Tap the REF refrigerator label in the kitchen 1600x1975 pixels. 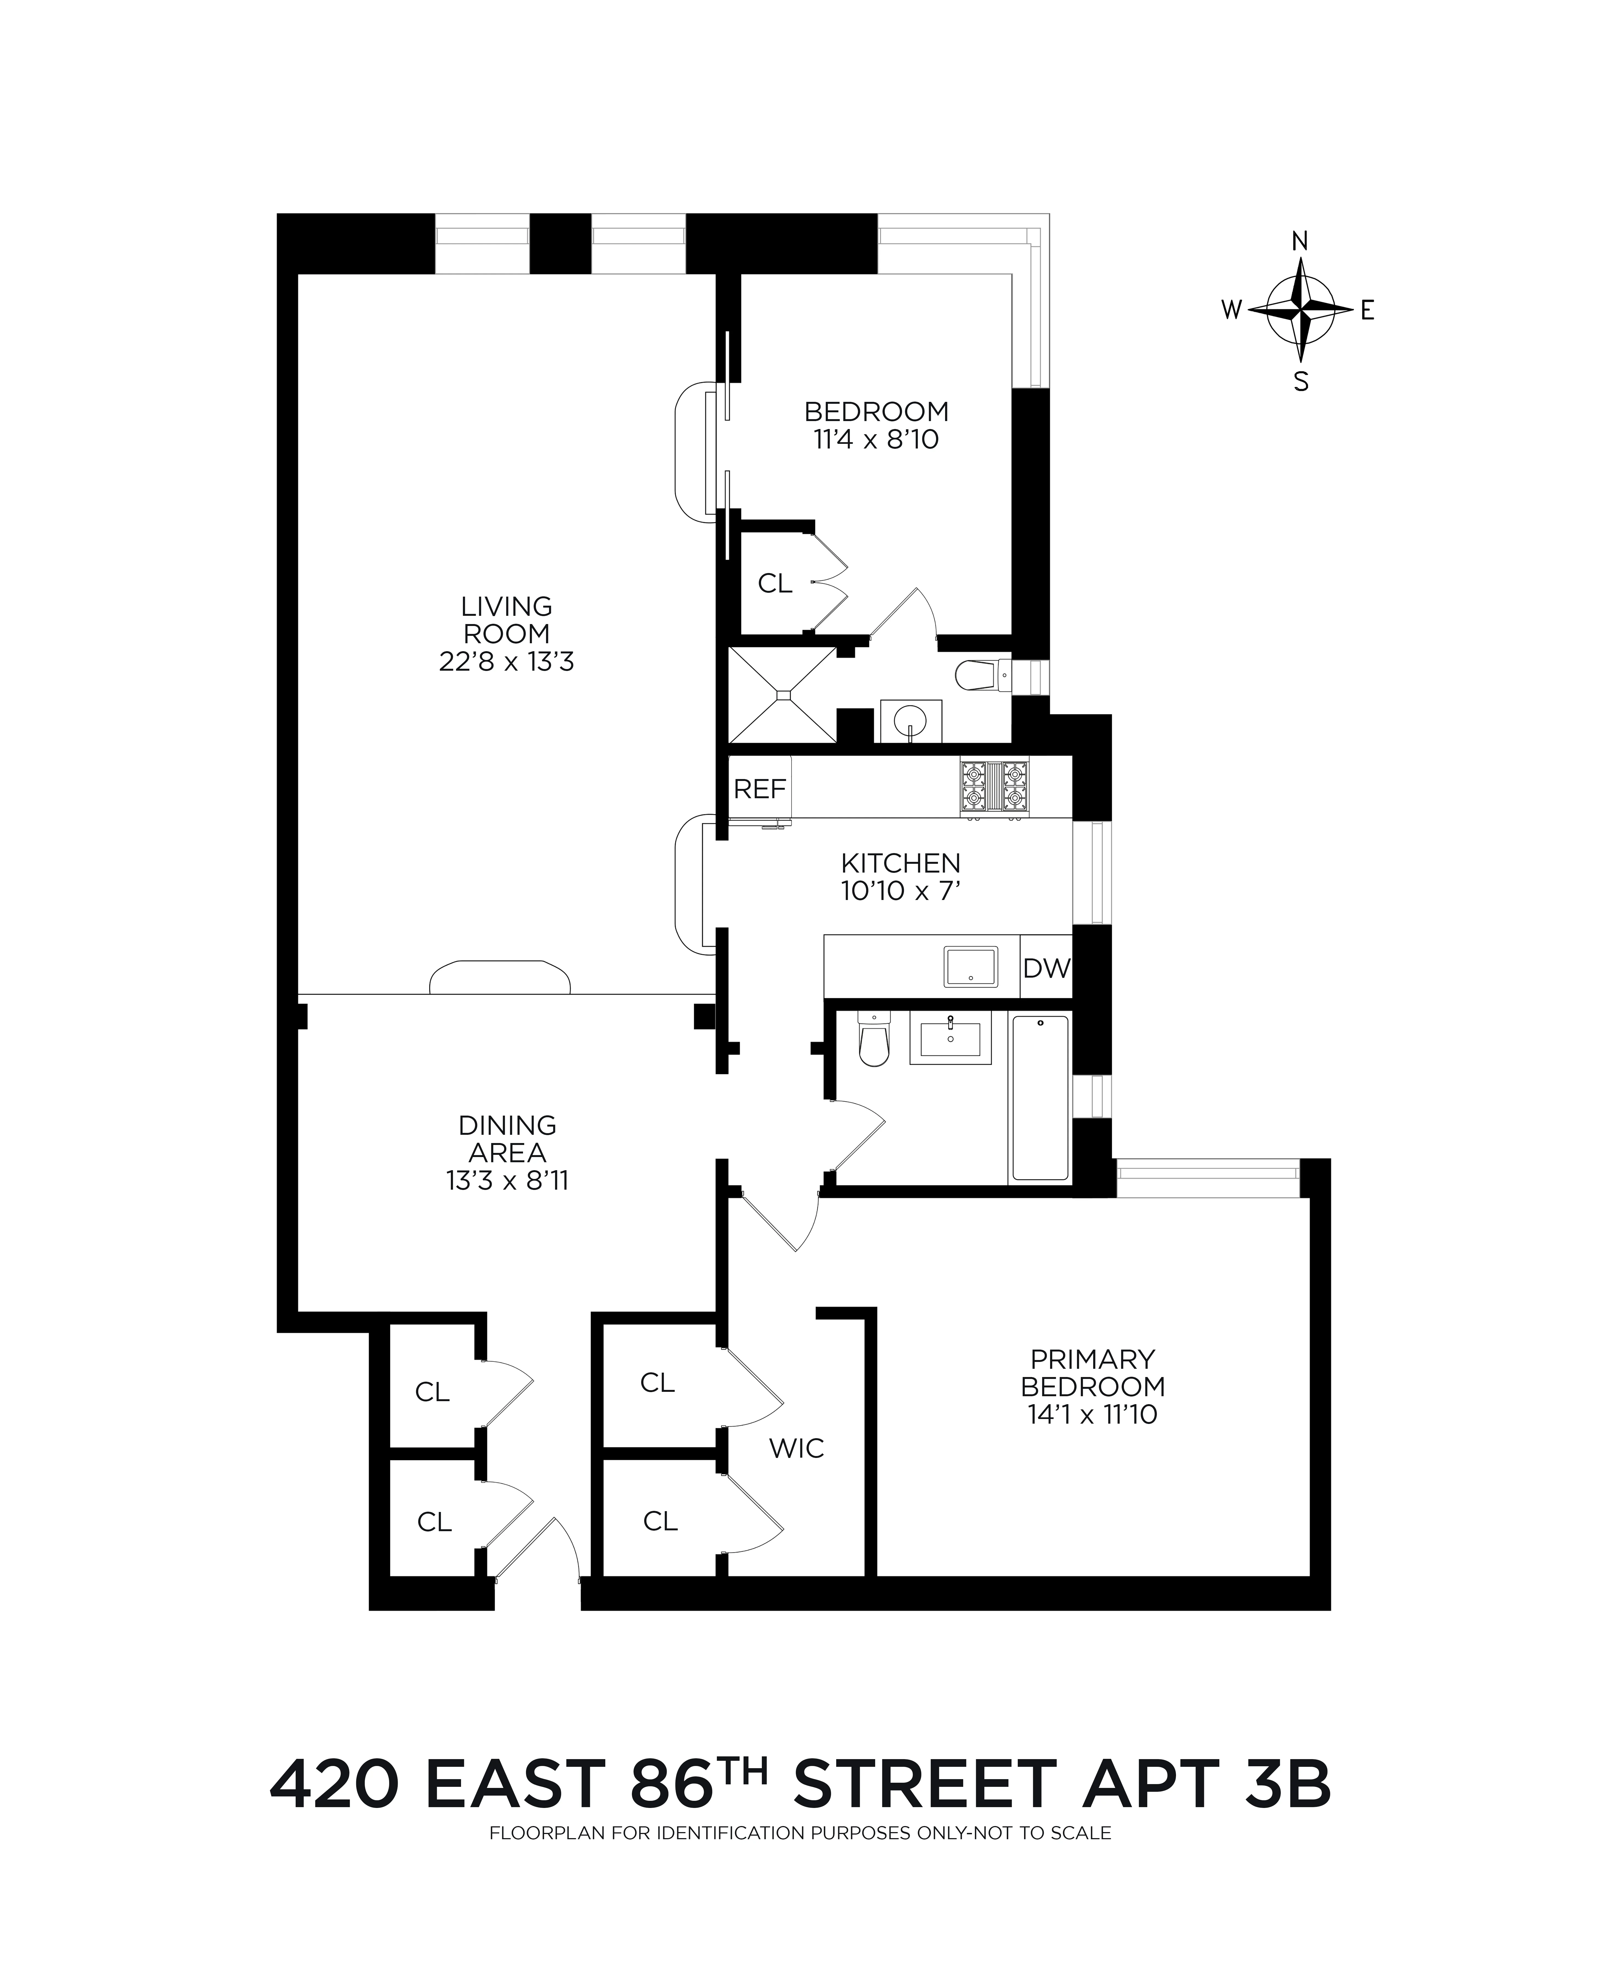[759, 789]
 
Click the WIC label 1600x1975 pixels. [796, 1448]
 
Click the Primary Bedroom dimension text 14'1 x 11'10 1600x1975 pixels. [1092, 1414]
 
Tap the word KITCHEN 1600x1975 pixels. [900, 864]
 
